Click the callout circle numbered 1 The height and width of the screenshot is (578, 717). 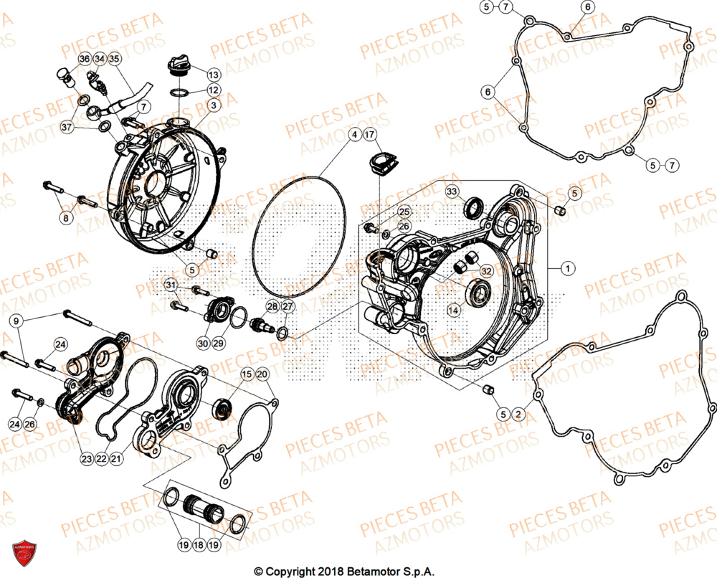point(567,269)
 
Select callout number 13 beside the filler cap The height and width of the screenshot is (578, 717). point(214,74)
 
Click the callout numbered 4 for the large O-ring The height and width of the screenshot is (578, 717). point(353,135)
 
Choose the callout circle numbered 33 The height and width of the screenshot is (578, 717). point(452,191)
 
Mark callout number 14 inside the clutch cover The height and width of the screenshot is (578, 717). point(453,310)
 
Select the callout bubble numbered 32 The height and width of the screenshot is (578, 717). point(486,271)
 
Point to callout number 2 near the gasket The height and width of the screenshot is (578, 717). point(518,414)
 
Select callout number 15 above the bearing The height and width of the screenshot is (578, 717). point(246,374)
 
